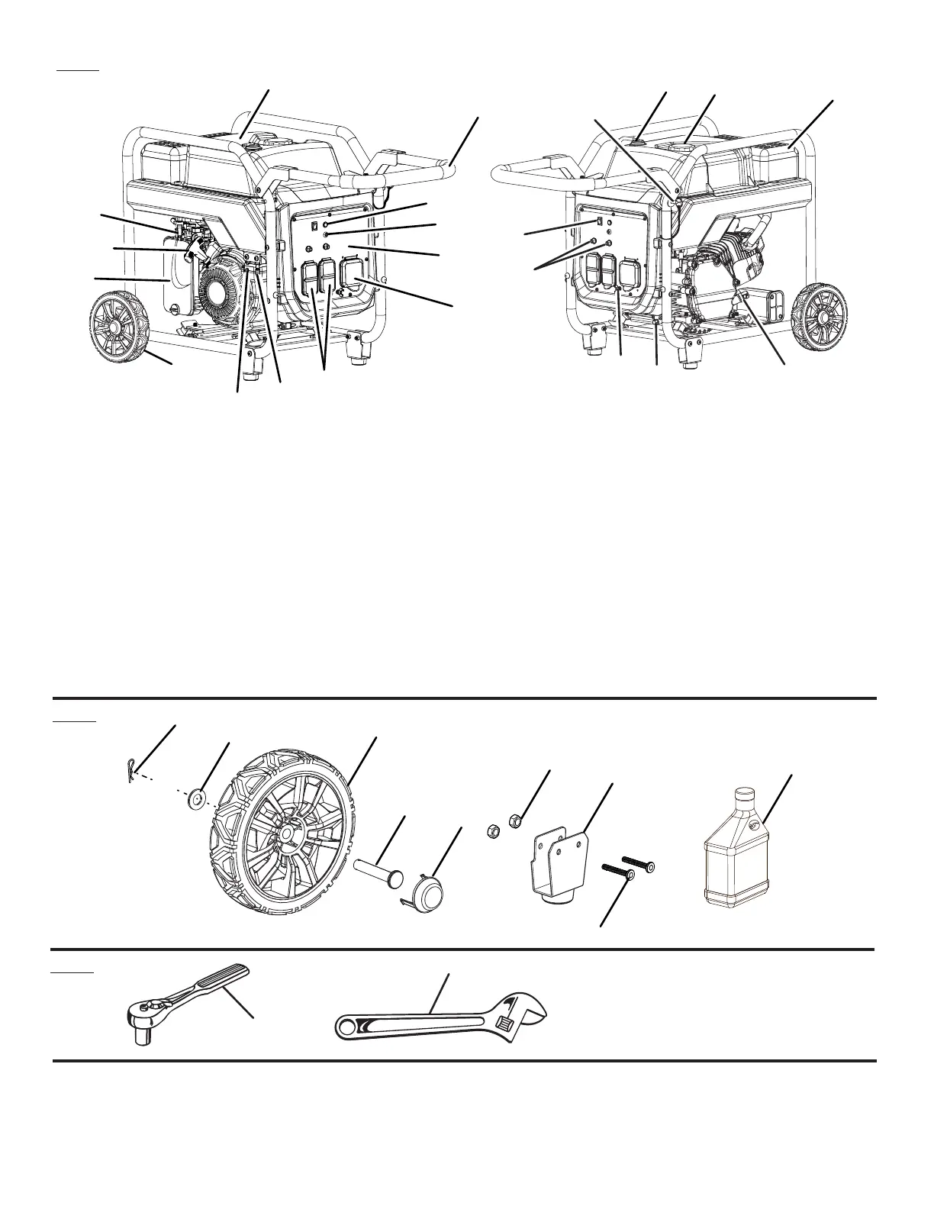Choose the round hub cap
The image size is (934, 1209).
432,891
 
